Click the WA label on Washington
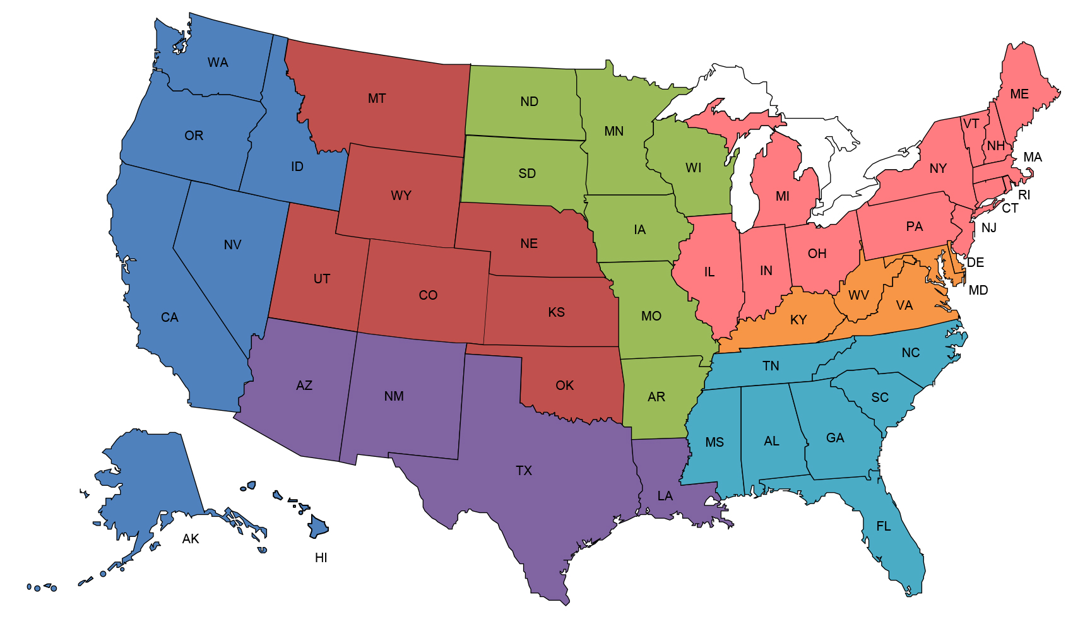pyautogui.click(x=218, y=62)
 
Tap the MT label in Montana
pyautogui.click(x=377, y=98)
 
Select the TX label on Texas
pyautogui.click(x=524, y=471)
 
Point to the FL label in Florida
pyautogui.click(x=884, y=526)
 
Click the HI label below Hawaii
pyautogui.click(x=321, y=558)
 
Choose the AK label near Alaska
pyautogui.click(x=191, y=539)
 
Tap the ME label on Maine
pyautogui.click(x=1019, y=94)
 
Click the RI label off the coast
pyautogui.click(x=1024, y=195)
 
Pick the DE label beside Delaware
pyautogui.click(x=976, y=262)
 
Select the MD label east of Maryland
pyautogui.click(x=978, y=290)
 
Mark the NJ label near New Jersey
pyautogui.click(x=989, y=228)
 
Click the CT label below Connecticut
pyautogui.click(x=1010, y=208)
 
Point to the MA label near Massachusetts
pyautogui.click(x=1033, y=157)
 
